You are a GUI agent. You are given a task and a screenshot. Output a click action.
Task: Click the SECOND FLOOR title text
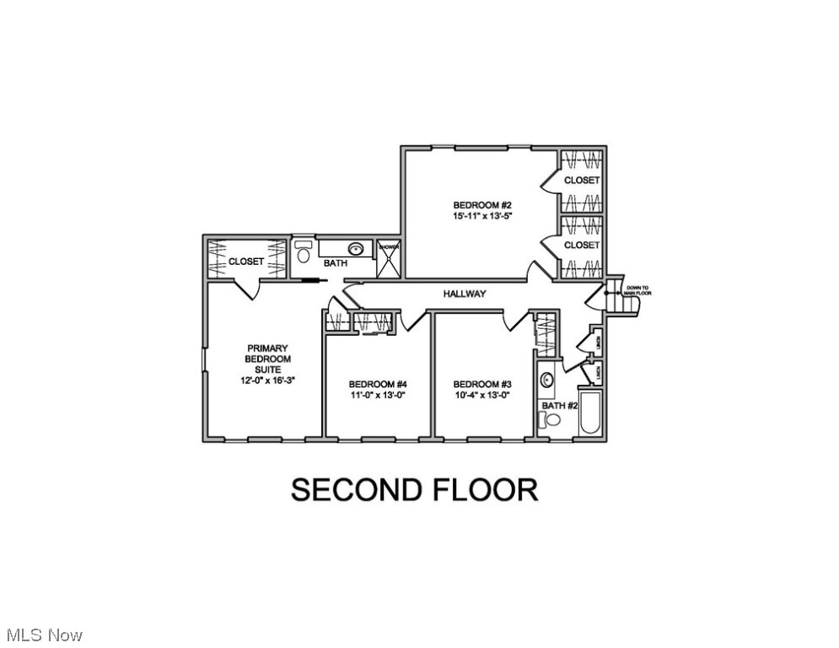click(x=415, y=490)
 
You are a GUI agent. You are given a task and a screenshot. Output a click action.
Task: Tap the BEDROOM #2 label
click(x=482, y=205)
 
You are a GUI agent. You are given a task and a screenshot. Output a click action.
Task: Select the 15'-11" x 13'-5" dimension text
click(x=482, y=216)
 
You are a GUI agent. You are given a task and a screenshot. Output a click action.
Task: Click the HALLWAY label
click(x=465, y=294)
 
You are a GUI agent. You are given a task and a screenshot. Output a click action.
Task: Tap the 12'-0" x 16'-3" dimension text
click(x=267, y=381)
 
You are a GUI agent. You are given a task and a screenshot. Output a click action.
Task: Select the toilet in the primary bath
click(x=304, y=252)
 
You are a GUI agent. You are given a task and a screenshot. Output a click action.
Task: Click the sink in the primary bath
click(x=358, y=249)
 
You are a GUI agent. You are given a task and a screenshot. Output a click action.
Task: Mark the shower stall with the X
click(x=389, y=259)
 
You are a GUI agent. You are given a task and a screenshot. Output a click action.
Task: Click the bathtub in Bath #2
click(x=590, y=413)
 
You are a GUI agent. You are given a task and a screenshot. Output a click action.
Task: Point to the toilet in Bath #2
click(x=552, y=420)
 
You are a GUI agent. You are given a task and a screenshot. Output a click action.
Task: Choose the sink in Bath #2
click(x=546, y=380)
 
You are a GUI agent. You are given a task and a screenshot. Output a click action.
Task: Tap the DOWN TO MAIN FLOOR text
click(x=637, y=290)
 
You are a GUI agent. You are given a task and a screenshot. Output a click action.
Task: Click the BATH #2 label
click(x=559, y=406)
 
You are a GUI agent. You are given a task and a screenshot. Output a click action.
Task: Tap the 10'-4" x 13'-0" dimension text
click(x=481, y=394)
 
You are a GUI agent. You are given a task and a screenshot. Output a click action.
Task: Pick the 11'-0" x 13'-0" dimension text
click(x=378, y=394)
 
